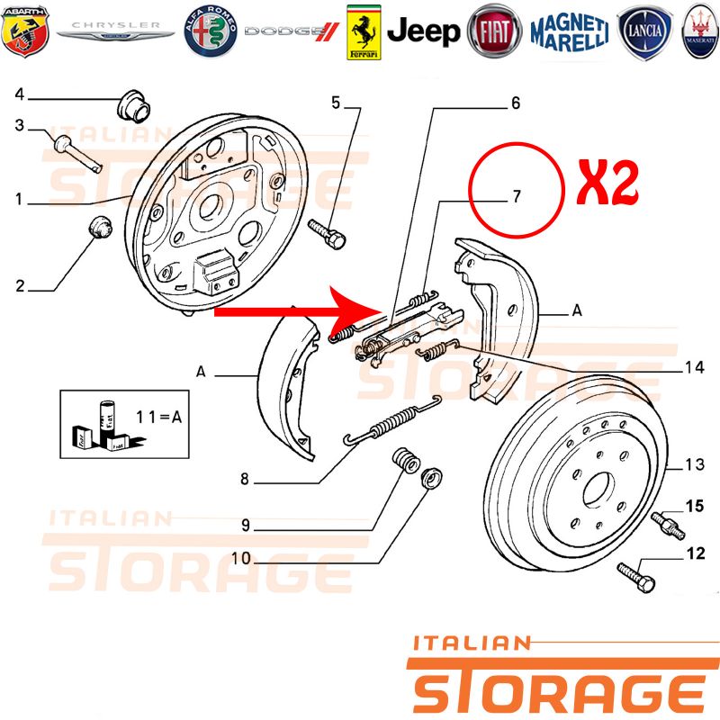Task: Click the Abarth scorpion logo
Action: coord(25,31)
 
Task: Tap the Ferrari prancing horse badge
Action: coord(364,32)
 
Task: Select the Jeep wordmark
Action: coord(423,31)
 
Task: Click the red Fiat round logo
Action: coord(494,31)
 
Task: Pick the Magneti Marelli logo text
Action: coord(570,31)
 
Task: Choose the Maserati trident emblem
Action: coord(701,31)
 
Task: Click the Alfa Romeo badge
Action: coord(211,31)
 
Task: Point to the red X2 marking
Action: coord(608,183)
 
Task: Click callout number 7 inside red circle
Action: coord(517,196)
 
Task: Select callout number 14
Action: coord(694,367)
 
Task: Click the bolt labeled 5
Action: coord(327,234)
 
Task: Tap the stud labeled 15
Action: coord(668,526)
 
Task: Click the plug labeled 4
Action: coord(133,106)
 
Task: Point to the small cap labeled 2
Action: coord(100,228)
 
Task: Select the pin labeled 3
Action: coord(77,154)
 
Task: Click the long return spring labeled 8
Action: coord(392,421)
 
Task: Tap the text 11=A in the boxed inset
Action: coord(159,417)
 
